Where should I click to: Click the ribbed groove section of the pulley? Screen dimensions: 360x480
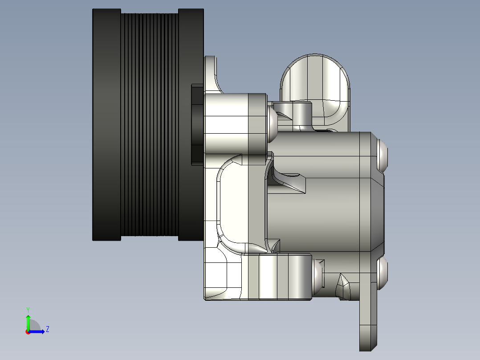point(150,125)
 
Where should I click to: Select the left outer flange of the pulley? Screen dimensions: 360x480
point(106,125)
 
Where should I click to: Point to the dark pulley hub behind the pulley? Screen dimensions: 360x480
point(197,125)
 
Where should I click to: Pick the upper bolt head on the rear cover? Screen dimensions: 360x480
point(383,154)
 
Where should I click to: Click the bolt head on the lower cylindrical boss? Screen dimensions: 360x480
point(319,277)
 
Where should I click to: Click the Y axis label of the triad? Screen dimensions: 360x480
point(28,309)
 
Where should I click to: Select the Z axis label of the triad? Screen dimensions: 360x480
point(47,329)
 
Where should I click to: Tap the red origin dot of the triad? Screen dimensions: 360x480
point(28,332)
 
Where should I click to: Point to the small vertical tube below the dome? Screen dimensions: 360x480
point(302,114)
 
